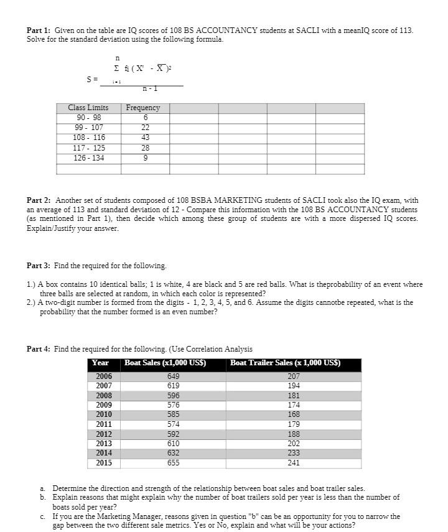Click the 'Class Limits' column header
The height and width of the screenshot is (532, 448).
(88, 108)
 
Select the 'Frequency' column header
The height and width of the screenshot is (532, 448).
(143, 108)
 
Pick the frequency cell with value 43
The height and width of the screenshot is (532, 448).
(144, 138)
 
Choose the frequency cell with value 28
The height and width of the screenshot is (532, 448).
(144, 147)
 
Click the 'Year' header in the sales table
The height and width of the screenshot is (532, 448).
(100, 363)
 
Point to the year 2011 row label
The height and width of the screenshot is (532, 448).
(103, 424)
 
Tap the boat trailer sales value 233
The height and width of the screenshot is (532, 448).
(293, 454)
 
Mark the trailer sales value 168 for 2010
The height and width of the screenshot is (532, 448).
(293, 414)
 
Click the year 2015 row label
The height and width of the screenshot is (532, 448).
(103, 463)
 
